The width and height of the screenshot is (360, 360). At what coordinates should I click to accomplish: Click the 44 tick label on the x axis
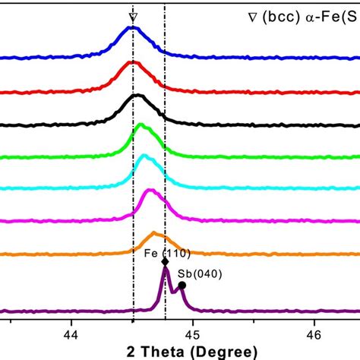[x=71, y=333]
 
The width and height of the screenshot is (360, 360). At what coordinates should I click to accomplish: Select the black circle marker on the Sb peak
[x=182, y=286]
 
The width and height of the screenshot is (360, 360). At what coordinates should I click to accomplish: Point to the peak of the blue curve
[x=132, y=27]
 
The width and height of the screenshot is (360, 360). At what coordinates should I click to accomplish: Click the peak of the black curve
[x=137, y=96]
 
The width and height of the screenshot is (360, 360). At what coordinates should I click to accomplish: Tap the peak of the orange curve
[x=155, y=233]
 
